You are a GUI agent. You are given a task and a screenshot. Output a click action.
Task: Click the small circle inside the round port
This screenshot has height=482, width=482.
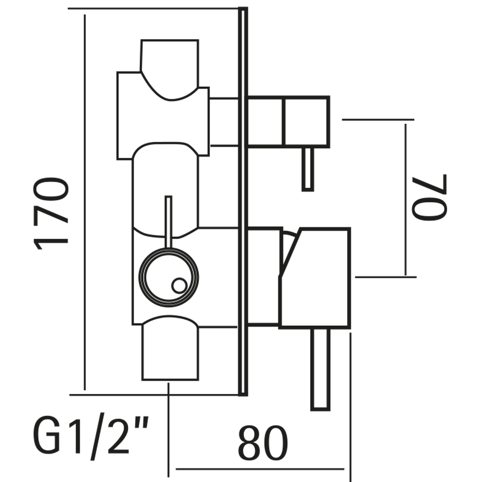point(179,285)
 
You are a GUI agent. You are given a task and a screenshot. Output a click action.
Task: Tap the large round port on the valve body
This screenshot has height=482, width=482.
point(169,276)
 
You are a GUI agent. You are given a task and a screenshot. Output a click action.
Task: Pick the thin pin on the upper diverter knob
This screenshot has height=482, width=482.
point(308,169)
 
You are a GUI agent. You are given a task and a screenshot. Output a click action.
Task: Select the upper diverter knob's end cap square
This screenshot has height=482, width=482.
point(307,121)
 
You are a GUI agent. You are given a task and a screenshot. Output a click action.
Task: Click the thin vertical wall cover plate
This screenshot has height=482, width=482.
point(243,201)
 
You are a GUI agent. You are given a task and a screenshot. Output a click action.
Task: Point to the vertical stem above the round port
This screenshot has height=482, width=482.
point(168,222)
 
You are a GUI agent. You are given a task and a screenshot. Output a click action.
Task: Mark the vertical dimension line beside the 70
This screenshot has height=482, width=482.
point(406,200)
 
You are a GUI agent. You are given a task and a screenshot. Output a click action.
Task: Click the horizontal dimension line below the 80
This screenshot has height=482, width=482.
point(260,469)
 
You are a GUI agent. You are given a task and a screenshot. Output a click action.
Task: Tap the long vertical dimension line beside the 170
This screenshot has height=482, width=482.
point(85,202)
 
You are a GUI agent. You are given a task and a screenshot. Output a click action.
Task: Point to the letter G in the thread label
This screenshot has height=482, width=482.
point(47,436)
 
